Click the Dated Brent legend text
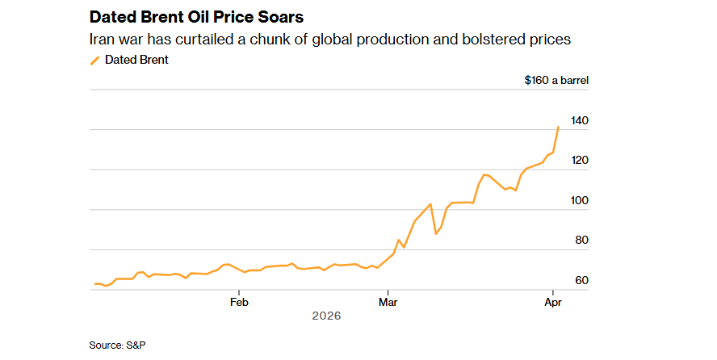pos(136,59)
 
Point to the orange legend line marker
pos(94,60)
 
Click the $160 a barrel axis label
pos(556,80)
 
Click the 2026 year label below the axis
pos(326,316)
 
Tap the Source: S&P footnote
pos(117,345)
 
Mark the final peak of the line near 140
pos(558,127)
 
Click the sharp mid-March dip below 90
pos(436,234)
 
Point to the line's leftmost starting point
pos(94,283)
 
